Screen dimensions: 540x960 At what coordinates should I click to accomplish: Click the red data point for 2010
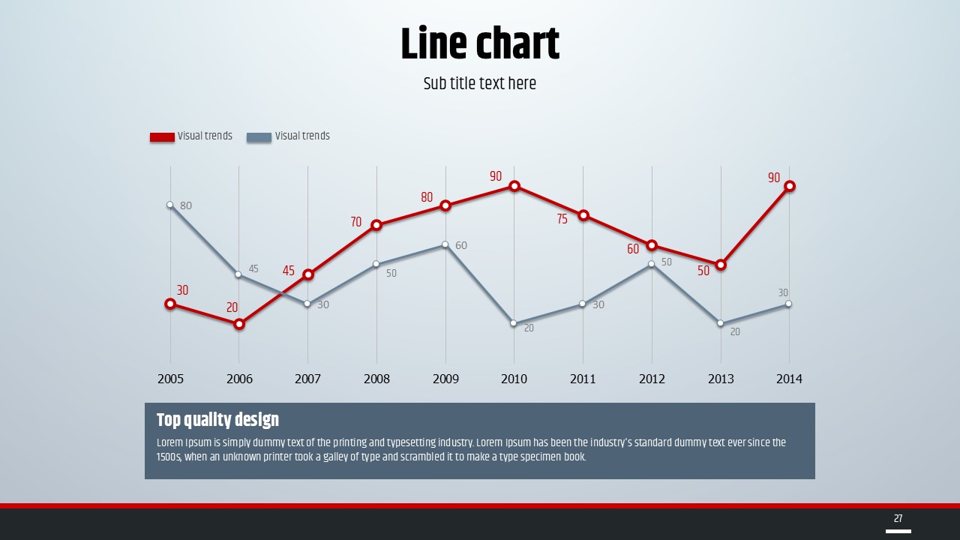click(x=514, y=186)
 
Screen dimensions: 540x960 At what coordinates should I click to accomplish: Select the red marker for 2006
click(x=239, y=324)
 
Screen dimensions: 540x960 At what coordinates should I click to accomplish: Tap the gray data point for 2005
click(x=170, y=205)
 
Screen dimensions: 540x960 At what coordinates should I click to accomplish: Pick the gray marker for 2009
click(x=445, y=244)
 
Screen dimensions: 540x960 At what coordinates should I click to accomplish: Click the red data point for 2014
click(x=789, y=186)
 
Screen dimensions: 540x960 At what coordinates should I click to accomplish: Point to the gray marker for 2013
click(x=721, y=323)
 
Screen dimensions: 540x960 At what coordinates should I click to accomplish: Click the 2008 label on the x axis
click(x=376, y=379)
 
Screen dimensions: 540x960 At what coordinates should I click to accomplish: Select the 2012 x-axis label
click(x=652, y=379)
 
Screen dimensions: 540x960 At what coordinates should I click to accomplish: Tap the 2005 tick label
click(x=170, y=379)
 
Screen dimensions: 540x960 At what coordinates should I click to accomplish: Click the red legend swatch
click(x=162, y=137)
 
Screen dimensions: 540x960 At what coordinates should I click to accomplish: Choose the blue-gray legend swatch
click(x=259, y=137)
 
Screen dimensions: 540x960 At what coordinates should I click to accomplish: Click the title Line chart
click(x=480, y=44)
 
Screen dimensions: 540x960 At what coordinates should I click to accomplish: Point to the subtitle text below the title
click(x=480, y=83)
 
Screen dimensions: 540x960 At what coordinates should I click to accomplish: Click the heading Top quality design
click(x=217, y=419)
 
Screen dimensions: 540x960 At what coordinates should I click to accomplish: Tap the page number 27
click(x=898, y=518)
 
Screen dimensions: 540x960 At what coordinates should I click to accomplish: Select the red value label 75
click(x=562, y=220)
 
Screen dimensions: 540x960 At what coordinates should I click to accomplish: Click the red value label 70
click(x=355, y=222)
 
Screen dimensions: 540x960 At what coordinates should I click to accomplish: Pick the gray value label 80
click(x=186, y=205)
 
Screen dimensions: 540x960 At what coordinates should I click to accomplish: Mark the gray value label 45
click(x=253, y=268)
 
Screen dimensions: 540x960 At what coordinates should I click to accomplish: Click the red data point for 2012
click(x=652, y=245)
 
